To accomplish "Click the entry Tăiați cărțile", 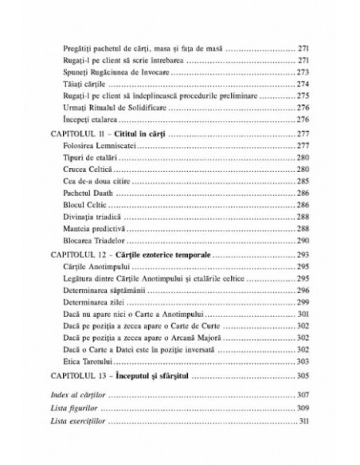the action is click(79, 83).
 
